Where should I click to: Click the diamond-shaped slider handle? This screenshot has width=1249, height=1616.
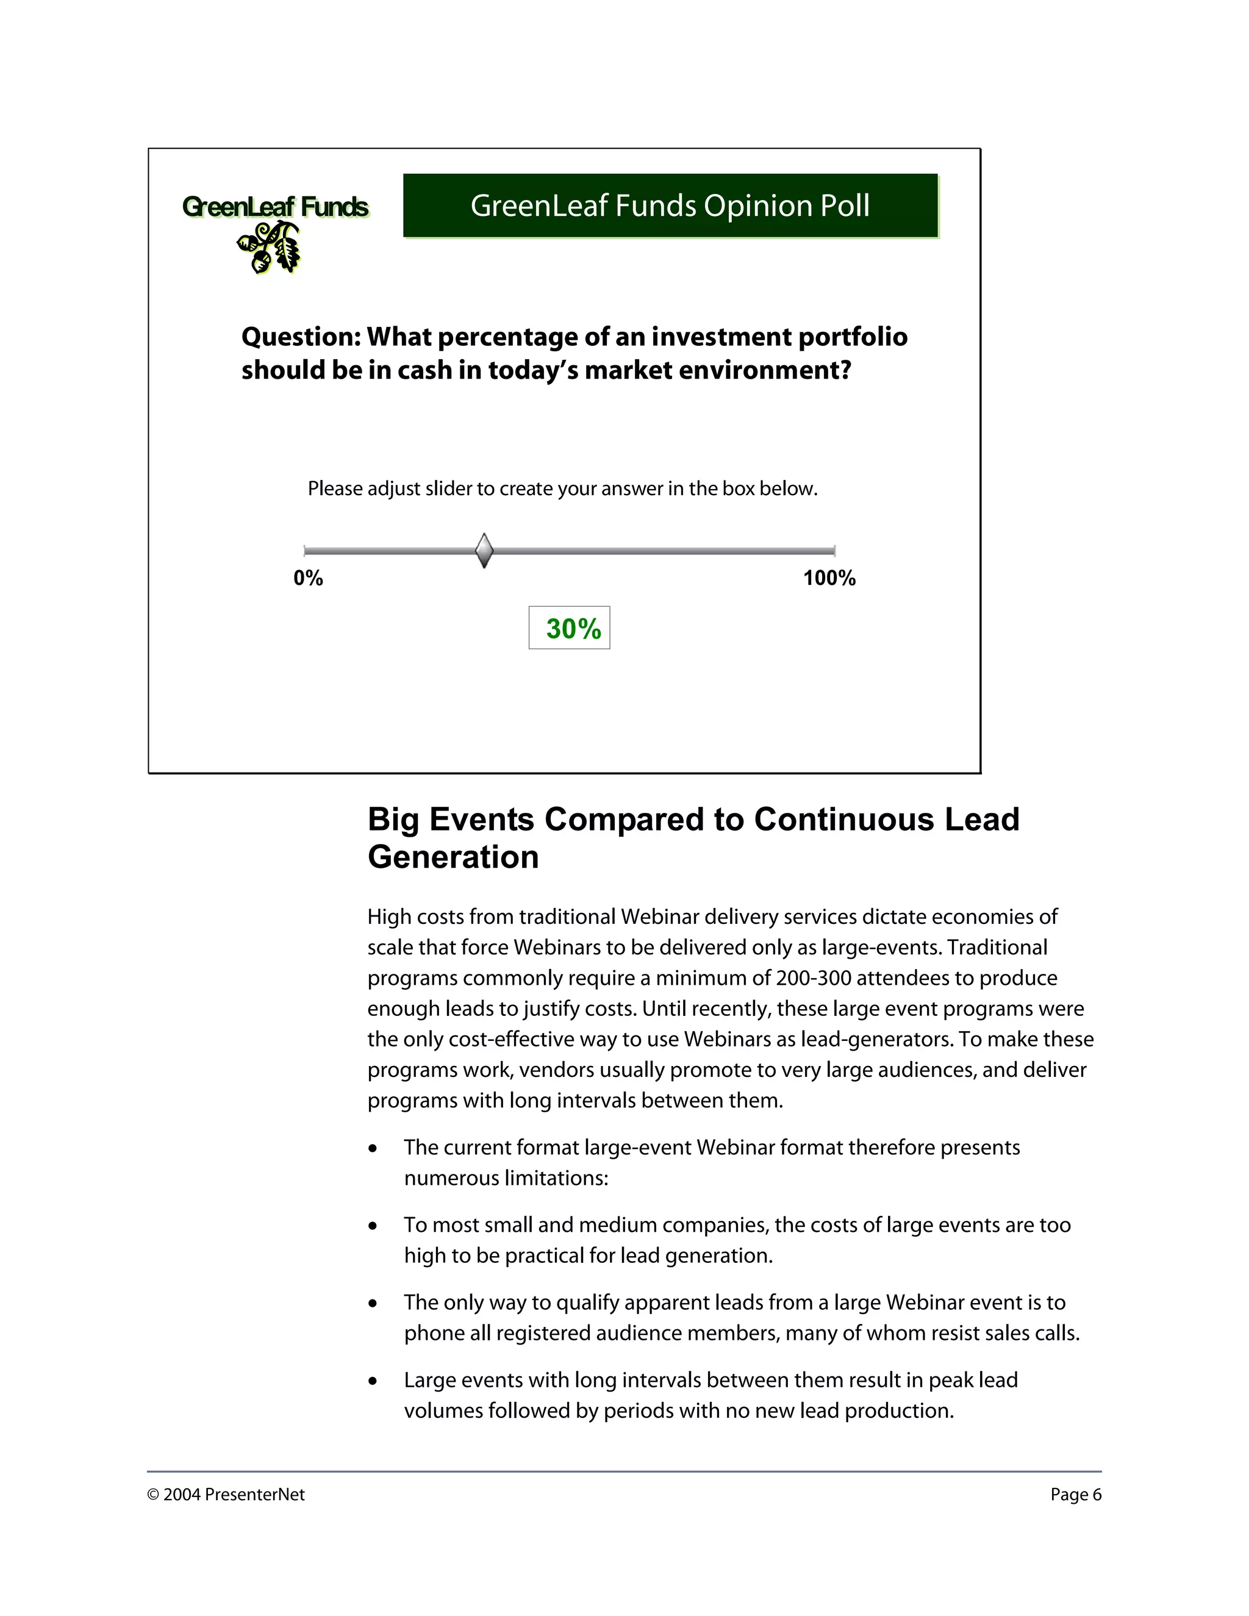[x=484, y=551]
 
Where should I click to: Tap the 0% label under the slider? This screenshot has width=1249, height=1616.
[x=308, y=579]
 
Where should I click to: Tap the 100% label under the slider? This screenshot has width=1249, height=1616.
[x=829, y=579]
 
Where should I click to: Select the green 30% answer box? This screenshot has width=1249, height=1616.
[x=570, y=628]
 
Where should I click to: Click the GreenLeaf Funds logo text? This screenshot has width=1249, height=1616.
[x=275, y=207]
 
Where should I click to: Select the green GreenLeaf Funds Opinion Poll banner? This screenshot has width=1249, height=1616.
[x=670, y=206]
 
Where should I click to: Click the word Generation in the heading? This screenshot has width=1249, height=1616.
[x=453, y=857]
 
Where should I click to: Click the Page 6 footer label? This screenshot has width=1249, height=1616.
[x=1075, y=1495]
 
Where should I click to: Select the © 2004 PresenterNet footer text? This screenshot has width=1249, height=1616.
[x=226, y=1495]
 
